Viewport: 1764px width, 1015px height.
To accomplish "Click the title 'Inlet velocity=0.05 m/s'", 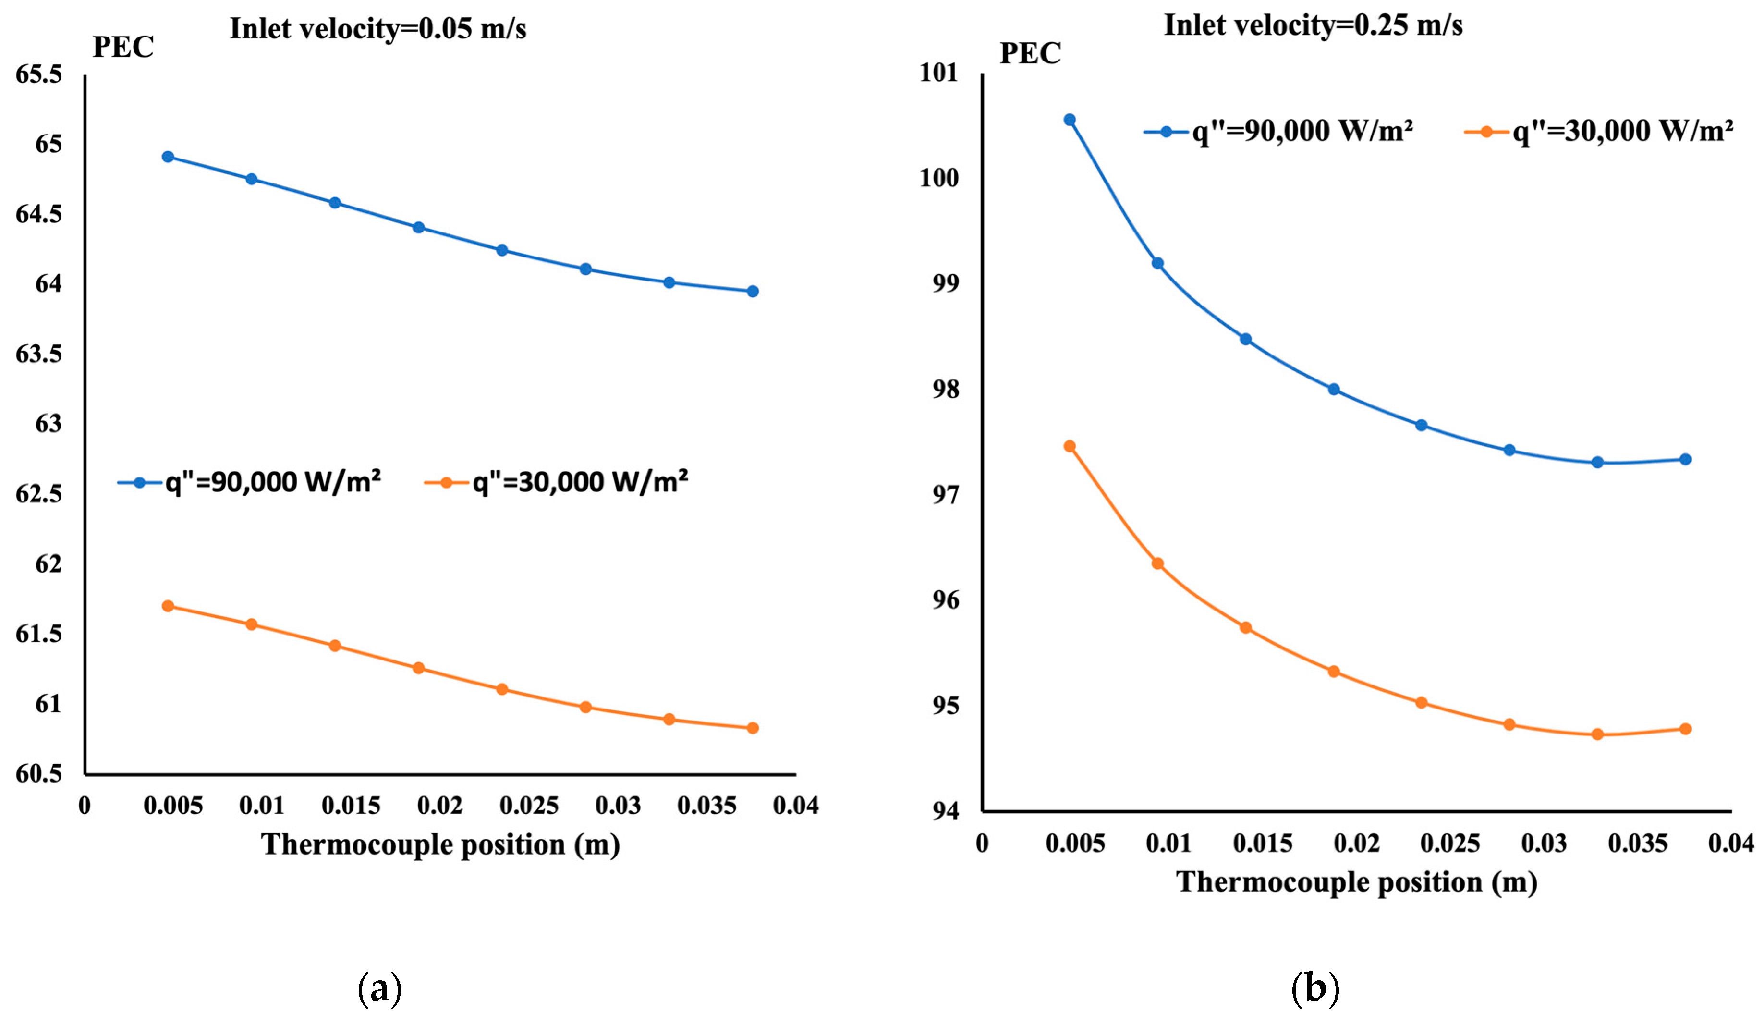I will click(378, 29).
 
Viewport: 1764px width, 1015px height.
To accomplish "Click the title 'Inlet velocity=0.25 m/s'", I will click(1313, 26).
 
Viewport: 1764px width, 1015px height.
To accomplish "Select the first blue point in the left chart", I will click(168, 157).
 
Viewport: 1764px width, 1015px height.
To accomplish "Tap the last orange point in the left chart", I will click(752, 728).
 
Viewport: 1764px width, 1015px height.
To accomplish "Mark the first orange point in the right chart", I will click(1069, 446).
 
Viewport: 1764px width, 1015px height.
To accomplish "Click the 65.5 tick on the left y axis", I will click(39, 74).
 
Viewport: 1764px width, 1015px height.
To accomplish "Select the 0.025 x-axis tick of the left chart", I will click(529, 806).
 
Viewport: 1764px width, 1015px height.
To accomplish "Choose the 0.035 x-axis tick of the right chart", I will click(1637, 844).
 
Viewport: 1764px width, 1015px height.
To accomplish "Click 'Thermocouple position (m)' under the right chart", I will click(1356, 882).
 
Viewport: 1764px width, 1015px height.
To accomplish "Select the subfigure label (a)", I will click(379, 989).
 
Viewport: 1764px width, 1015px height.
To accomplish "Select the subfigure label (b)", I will click(1314, 989).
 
